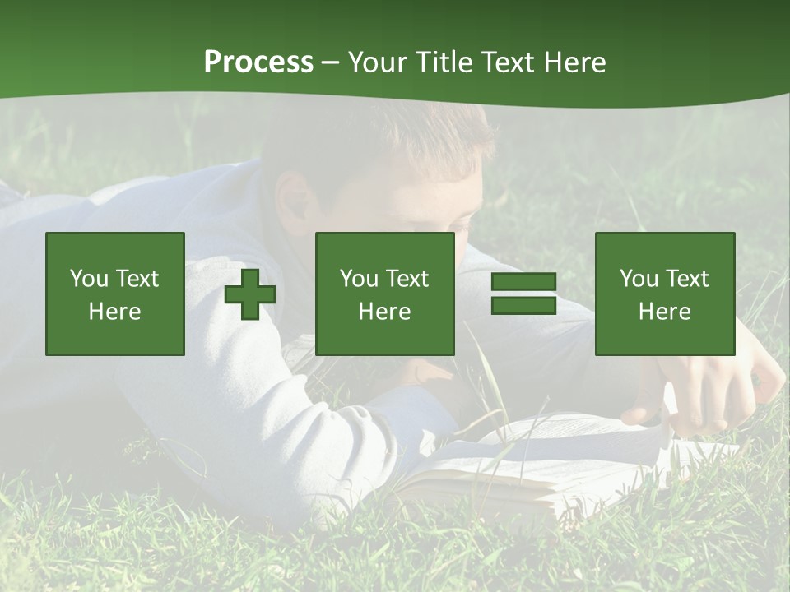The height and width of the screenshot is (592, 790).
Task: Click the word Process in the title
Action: [258, 62]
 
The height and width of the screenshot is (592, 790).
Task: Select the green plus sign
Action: [250, 294]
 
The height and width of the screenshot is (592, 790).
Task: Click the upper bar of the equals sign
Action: [523, 282]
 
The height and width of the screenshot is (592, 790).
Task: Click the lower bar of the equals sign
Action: [523, 306]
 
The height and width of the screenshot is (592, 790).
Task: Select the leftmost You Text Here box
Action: [115, 294]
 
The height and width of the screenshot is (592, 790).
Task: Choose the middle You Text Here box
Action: [385, 294]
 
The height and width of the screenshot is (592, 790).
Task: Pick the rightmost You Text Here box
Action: [665, 294]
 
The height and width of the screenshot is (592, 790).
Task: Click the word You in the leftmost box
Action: [89, 279]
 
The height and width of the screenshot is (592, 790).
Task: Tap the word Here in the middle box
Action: [385, 312]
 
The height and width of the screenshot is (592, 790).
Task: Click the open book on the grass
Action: [535, 460]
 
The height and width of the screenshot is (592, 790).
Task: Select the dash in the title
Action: [331, 62]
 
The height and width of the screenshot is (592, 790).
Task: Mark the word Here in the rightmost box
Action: [665, 312]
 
